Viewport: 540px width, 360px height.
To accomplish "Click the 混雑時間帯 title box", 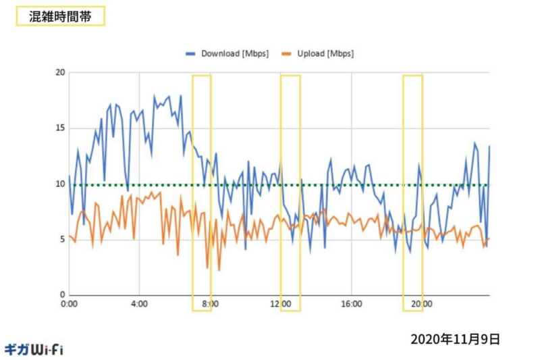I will (60, 17).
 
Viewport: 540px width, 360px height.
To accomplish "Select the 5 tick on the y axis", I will (61, 240).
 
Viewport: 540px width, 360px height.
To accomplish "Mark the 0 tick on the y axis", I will (61, 295).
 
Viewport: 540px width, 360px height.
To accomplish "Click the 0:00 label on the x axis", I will (70, 305).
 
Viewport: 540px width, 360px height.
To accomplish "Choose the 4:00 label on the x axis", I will (139, 305).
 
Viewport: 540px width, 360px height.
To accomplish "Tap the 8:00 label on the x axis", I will (210, 305).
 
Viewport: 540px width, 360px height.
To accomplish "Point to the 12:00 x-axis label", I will (281, 305).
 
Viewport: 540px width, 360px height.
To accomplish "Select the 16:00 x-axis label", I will (352, 305).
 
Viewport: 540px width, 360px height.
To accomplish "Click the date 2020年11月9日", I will (455, 339).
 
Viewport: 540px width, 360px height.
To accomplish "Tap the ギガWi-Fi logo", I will (34, 349).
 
